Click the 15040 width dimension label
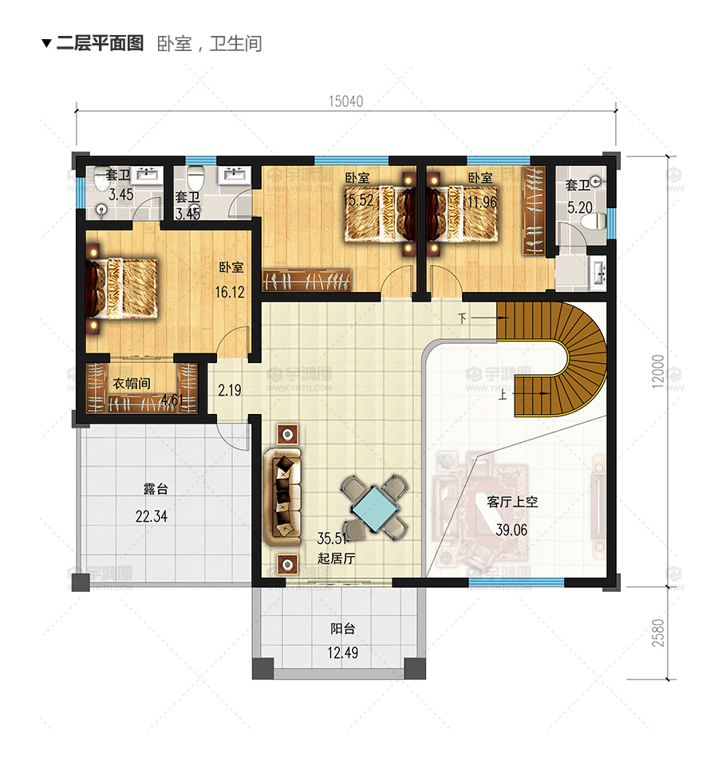(x=345, y=101)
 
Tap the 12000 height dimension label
(x=657, y=371)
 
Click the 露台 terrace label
(x=156, y=489)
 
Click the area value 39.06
(x=511, y=530)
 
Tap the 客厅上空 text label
(x=512, y=503)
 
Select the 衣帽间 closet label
(x=131, y=384)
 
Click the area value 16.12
(x=230, y=293)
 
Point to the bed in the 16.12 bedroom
(x=122, y=286)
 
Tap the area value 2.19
(x=230, y=391)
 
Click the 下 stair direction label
(x=462, y=318)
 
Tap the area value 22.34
(x=151, y=517)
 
